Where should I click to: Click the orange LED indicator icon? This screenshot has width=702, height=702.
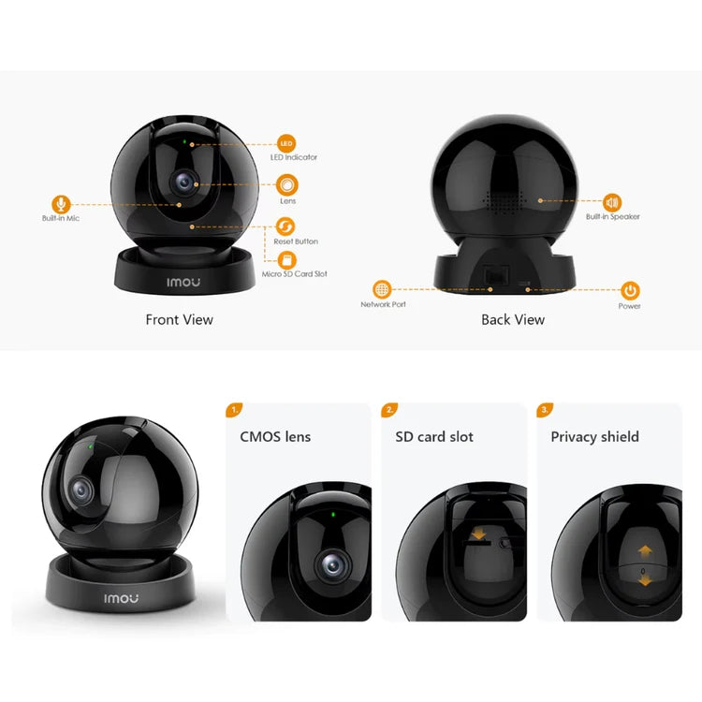click(286, 144)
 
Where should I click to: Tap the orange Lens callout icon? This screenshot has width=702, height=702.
click(287, 184)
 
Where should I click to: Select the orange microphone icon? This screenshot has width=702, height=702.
click(61, 205)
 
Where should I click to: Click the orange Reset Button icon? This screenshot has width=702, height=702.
click(285, 227)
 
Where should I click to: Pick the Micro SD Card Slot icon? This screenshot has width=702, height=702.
click(287, 259)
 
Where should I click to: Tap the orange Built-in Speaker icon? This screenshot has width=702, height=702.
click(612, 203)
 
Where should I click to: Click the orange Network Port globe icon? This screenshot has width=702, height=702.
click(382, 289)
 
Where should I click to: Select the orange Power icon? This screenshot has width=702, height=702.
click(630, 290)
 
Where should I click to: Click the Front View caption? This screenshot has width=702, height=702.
click(180, 320)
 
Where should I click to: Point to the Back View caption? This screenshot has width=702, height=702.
click(513, 320)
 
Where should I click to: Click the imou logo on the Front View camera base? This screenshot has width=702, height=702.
click(183, 282)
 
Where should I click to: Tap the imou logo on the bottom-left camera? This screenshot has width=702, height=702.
click(122, 598)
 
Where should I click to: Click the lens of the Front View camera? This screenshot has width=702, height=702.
click(184, 183)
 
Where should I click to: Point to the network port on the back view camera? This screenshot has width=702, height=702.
click(496, 274)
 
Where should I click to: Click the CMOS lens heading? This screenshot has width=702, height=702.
click(275, 436)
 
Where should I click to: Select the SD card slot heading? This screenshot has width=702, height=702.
click(434, 436)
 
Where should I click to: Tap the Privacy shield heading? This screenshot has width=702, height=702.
click(595, 437)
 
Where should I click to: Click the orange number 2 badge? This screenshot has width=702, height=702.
click(389, 410)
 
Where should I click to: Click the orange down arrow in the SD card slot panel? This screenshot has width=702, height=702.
click(478, 534)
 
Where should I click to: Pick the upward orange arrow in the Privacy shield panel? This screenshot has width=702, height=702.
click(645, 550)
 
